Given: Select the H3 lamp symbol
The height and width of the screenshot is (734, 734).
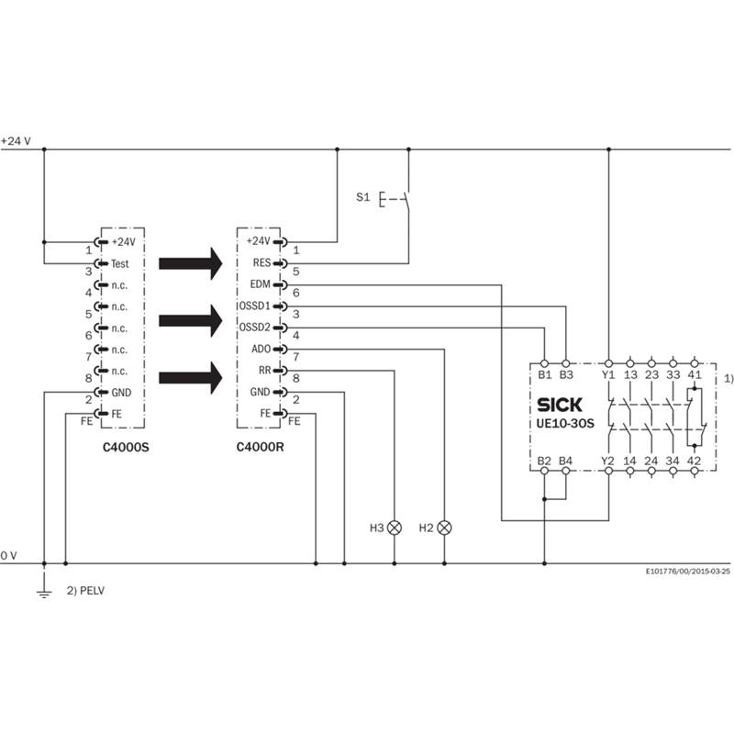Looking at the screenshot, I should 395,528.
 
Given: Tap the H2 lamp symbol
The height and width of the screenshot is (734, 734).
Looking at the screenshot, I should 445,528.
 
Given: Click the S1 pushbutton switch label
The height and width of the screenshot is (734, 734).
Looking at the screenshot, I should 362,196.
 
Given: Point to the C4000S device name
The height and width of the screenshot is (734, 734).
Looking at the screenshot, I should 124,450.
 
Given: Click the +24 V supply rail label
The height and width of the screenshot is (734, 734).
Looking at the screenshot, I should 16,141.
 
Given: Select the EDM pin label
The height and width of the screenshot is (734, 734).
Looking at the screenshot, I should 260,284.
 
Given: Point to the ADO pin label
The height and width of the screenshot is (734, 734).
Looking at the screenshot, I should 260,350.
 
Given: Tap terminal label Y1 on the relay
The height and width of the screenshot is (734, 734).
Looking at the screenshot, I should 607,374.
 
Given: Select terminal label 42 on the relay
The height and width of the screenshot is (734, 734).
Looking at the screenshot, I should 695,461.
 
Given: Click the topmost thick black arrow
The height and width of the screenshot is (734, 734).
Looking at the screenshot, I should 191,263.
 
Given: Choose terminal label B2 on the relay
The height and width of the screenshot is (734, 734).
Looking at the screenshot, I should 544,461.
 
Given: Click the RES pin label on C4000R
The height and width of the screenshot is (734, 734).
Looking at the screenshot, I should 260,262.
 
